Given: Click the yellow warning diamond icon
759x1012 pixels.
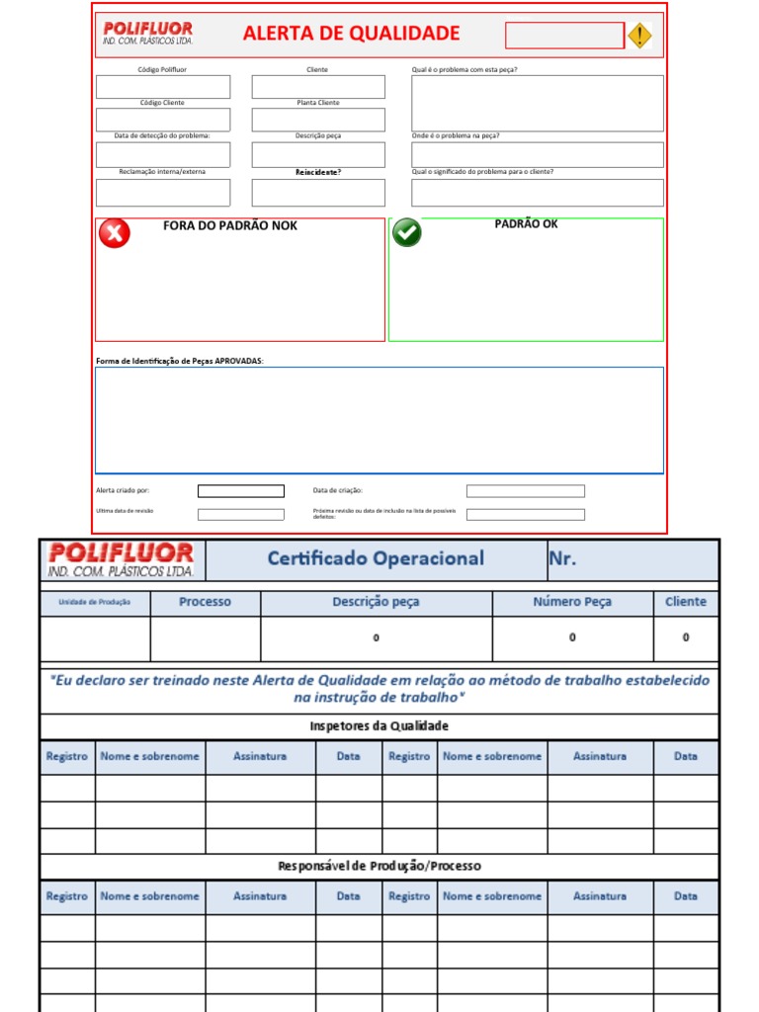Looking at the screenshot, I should point(640,36).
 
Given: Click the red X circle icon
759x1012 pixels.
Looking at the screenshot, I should point(115,233).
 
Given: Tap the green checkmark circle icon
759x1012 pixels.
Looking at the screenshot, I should point(407,232).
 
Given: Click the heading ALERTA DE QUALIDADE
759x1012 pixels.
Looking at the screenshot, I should point(351,34).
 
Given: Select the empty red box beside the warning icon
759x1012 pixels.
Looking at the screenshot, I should point(564,36).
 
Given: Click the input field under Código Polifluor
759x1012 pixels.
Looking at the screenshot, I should point(163,87).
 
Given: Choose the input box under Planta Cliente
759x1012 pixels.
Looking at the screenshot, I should point(317,120).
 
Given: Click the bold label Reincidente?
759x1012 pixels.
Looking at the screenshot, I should point(317,172).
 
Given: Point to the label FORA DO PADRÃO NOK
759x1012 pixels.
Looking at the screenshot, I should point(229,226).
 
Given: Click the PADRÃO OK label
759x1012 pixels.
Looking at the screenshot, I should point(526,224).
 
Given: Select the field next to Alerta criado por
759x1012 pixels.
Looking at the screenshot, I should point(240,491).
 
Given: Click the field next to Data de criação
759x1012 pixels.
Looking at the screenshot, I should point(525,491).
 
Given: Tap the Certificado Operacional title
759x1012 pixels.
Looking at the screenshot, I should point(376,558).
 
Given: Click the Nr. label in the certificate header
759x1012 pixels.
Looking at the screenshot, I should point(561,558).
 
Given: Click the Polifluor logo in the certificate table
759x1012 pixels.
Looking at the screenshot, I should point(122,559).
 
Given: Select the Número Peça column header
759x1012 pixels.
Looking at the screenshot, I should point(572,602).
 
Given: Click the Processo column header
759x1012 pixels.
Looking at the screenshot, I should point(205,602).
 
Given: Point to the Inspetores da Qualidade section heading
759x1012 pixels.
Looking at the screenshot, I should point(379,726).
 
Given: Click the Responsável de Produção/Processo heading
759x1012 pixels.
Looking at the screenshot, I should point(379,867).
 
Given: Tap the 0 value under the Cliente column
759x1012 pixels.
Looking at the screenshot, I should point(685,638).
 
